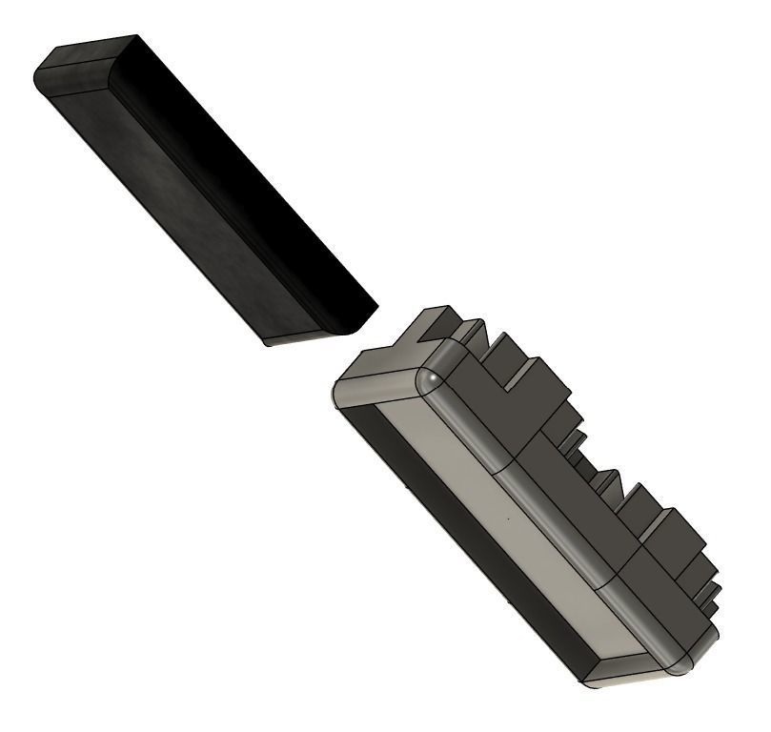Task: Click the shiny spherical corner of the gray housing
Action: [x=434, y=378]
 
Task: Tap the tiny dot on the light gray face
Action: [x=508, y=519]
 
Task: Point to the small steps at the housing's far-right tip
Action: [x=707, y=596]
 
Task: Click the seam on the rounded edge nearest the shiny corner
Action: [x=503, y=468]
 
